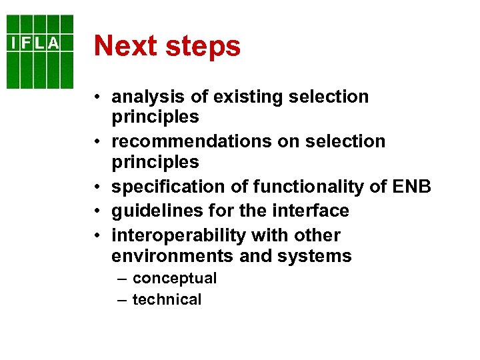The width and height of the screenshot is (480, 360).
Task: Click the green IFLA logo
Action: [x=40, y=52]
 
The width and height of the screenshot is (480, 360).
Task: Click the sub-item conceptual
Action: [x=175, y=278]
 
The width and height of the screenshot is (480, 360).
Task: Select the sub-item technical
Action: [x=167, y=300]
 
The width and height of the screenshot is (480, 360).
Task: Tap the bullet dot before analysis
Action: [x=97, y=97]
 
